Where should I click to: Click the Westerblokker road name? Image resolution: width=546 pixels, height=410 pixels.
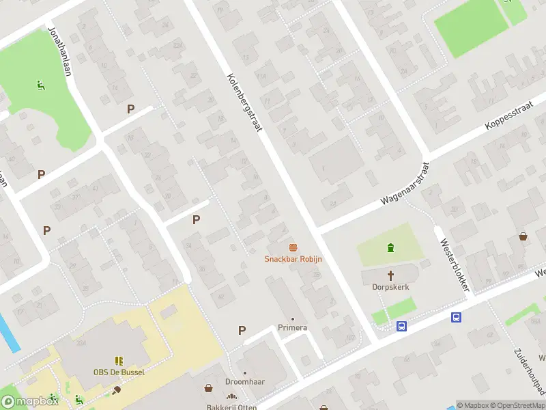point(454,264)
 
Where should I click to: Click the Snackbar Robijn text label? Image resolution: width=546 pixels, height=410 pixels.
point(293,259)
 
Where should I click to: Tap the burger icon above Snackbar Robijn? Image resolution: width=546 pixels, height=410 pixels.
point(293,247)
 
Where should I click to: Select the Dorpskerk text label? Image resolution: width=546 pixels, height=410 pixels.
point(391,287)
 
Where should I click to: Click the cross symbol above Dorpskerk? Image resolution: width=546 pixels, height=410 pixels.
point(391,275)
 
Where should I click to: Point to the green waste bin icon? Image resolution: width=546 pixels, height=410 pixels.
point(390,247)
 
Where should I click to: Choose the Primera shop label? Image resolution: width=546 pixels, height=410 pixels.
point(292,328)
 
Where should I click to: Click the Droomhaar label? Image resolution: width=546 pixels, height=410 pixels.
point(245,381)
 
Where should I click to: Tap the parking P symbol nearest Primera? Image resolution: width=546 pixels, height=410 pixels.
point(242,331)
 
